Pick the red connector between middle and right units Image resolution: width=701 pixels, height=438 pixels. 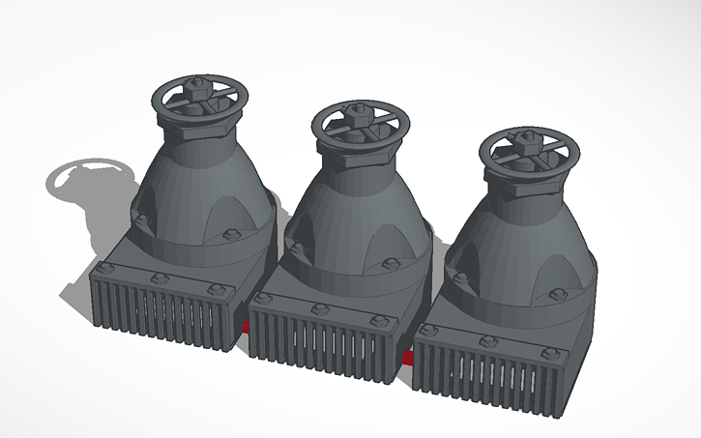coord(409,359)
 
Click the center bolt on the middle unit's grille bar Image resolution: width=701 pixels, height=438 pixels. coord(318,308)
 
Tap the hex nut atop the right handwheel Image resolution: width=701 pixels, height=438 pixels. coord(528,136)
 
